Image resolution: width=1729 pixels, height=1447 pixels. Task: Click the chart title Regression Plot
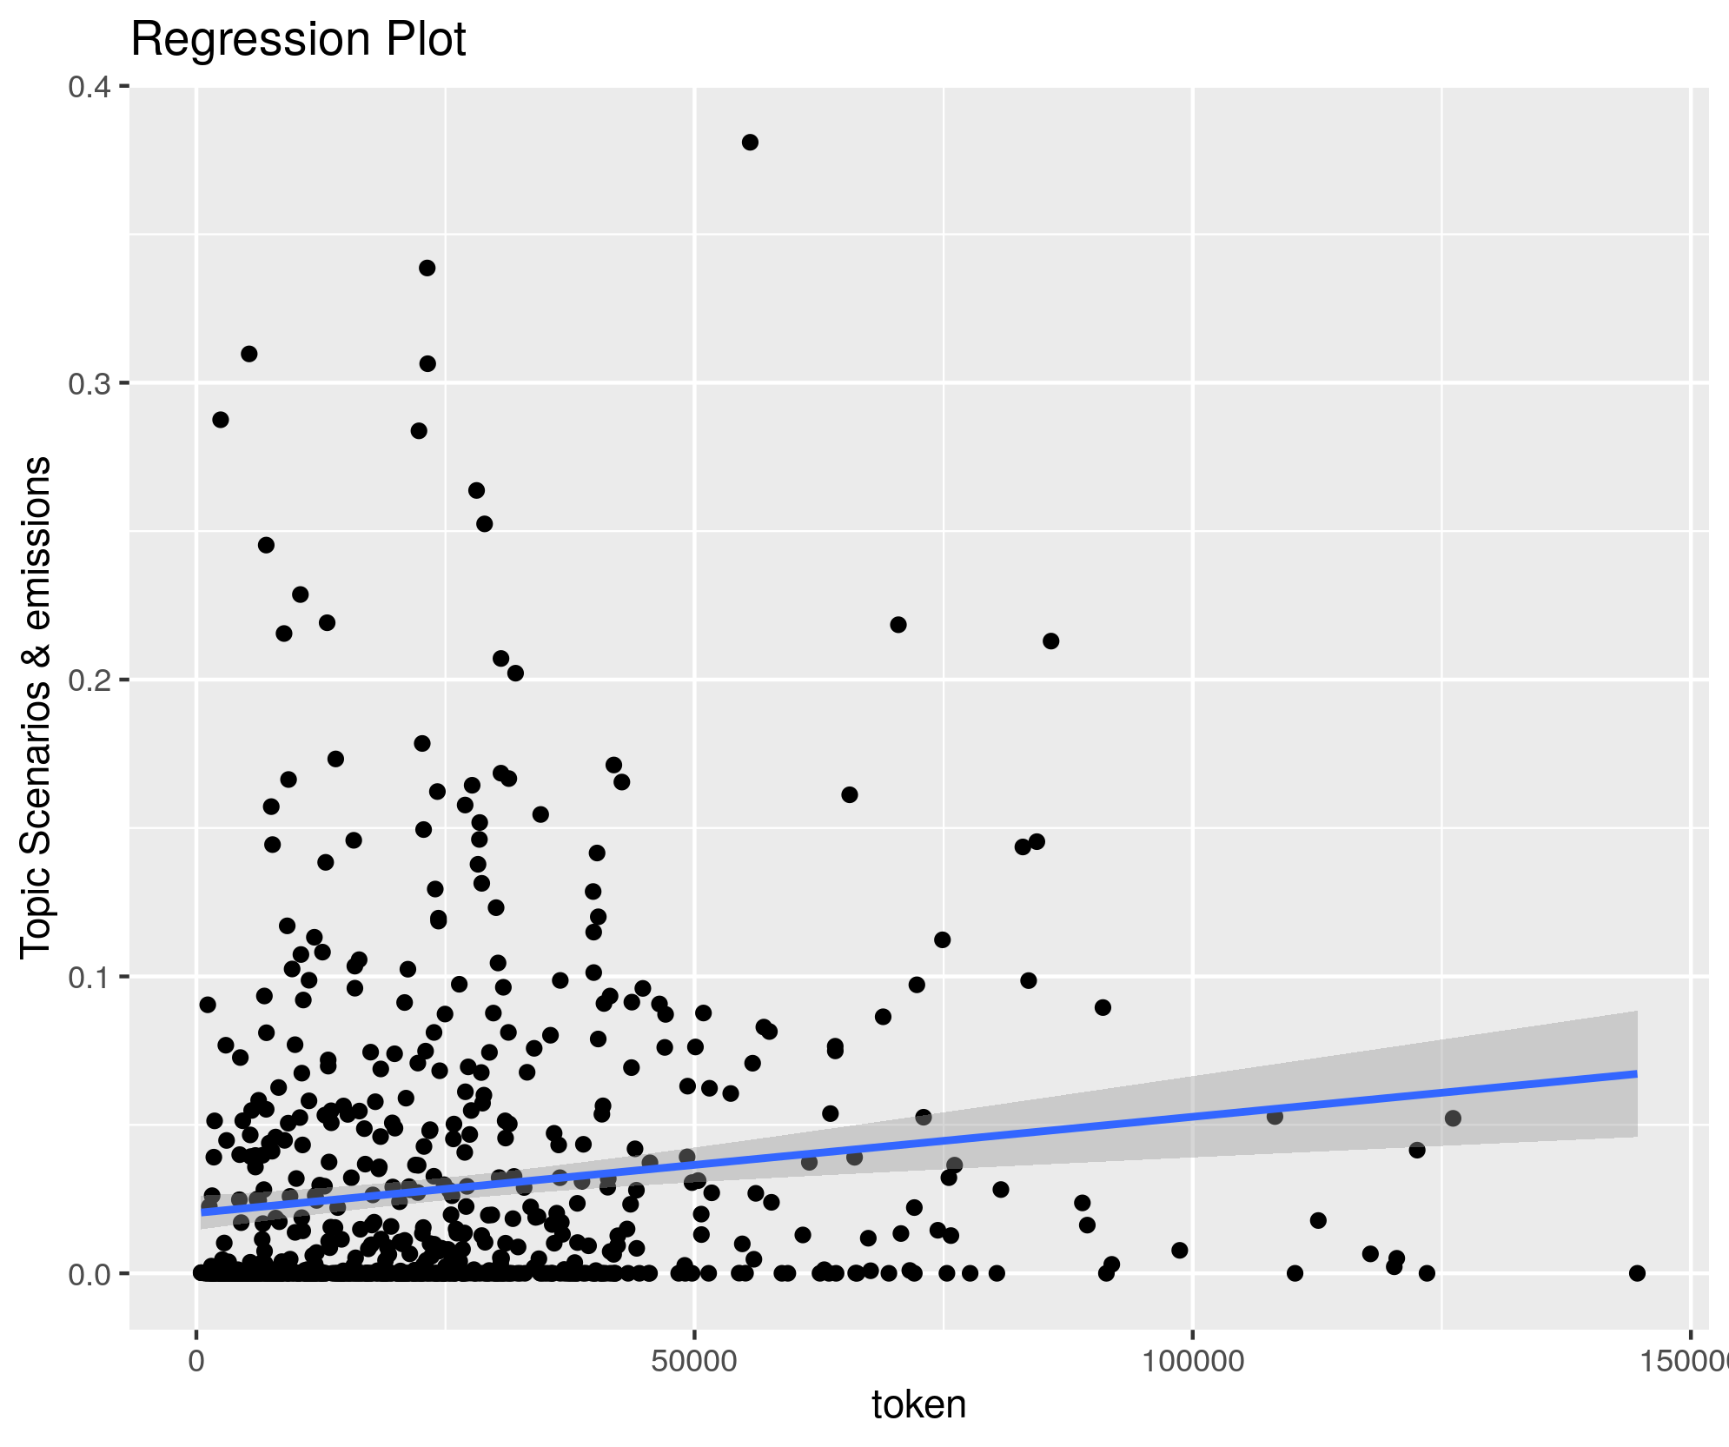point(298,40)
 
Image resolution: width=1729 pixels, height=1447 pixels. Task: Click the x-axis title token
point(918,1404)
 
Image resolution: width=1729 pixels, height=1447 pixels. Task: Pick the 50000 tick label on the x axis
point(693,1361)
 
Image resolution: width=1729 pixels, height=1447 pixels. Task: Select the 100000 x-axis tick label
point(1191,1361)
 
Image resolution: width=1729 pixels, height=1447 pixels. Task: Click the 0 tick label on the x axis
point(196,1361)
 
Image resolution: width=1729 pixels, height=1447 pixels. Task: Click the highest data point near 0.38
point(750,143)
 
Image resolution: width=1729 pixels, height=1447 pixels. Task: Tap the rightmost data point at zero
point(1637,1273)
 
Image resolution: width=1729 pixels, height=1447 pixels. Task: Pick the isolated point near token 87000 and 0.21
point(1050,641)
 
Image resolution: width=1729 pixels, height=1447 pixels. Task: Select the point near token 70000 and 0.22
point(898,625)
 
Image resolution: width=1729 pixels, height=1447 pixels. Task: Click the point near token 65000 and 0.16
point(850,794)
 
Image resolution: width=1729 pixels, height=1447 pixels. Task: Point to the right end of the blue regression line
point(1636,1074)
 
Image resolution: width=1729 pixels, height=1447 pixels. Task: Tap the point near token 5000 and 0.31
point(248,354)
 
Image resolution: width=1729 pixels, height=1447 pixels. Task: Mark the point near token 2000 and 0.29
point(221,420)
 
